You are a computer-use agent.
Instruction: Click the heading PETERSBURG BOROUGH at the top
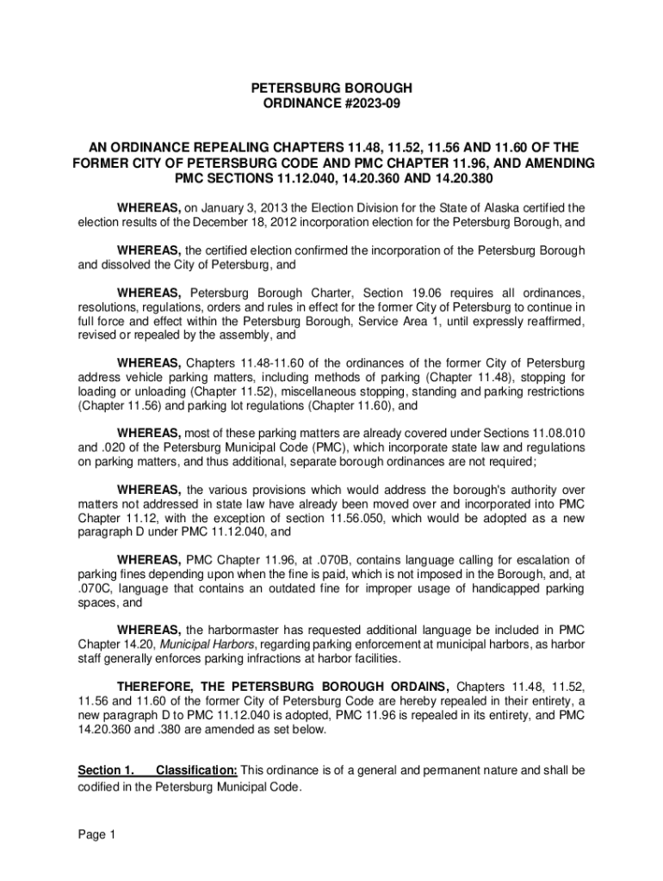point(331,88)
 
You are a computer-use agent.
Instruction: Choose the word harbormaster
point(250,631)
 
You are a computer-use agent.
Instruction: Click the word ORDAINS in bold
point(412,687)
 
